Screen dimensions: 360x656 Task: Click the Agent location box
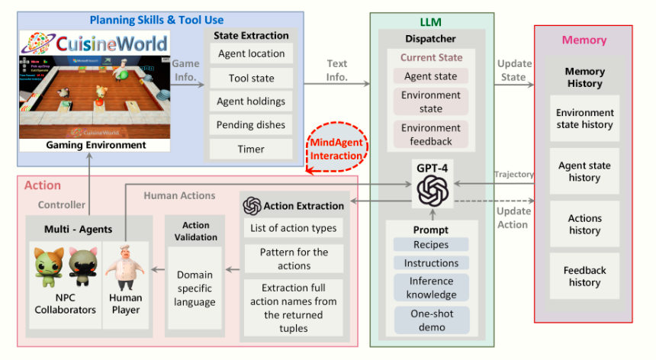tap(251, 54)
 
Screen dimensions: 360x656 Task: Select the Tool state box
tap(251, 78)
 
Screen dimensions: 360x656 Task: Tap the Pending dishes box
tap(251, 125)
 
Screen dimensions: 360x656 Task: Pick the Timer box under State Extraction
tap(251, 149)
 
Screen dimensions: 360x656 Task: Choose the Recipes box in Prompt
tap(432, 245)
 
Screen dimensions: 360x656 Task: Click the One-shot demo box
tap(432, 320)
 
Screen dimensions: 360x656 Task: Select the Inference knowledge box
tap(432, 288)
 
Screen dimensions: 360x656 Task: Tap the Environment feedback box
tap(432, 134)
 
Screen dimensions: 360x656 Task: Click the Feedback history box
tap(585, 276)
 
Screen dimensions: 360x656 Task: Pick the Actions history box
tap(585, 224)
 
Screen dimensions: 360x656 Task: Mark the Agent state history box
tap(585, 172)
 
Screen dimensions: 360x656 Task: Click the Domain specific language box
tap(195, 288)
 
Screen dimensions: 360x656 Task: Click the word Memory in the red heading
tap(584, 40)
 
